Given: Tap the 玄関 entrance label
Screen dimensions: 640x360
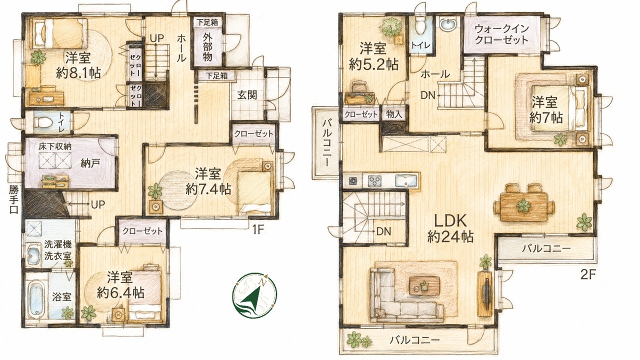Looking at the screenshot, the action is coord(247,95).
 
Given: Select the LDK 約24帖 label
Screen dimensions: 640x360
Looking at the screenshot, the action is coord(450,228).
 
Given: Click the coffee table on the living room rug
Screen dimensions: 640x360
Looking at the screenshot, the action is coord(424,285).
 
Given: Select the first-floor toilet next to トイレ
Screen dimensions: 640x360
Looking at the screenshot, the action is coord(43,122).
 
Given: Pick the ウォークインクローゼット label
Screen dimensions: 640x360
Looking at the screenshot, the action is coord(501,34).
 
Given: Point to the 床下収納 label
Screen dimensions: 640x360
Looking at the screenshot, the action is coord(55,147).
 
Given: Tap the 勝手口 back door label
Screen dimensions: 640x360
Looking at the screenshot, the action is coord(13,199).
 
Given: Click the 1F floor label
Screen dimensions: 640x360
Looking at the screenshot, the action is coord(257,229).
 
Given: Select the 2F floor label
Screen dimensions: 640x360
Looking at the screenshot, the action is coord(588,275).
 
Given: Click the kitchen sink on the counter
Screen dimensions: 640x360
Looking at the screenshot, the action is coord(406,181).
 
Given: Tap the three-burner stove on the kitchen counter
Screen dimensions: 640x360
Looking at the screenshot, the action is coord(375,181).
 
